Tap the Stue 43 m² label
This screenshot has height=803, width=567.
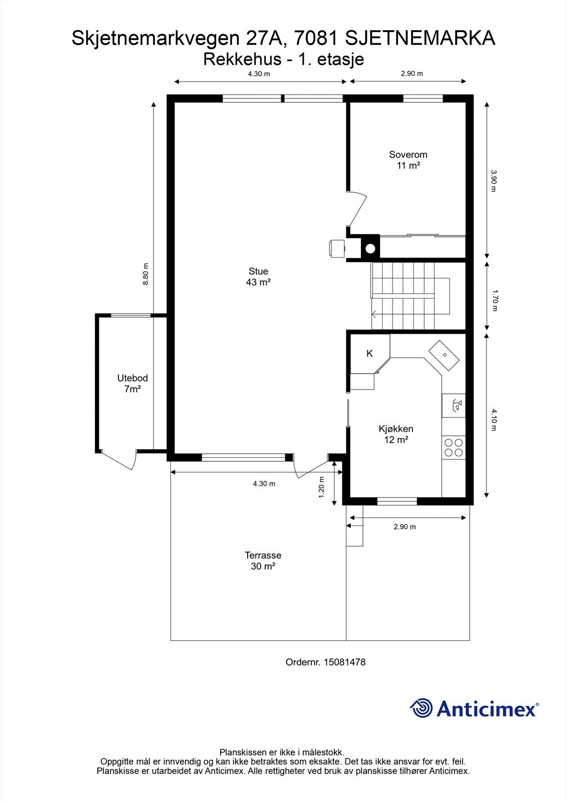point(258,277)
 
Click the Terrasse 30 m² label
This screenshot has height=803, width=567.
point(263,561)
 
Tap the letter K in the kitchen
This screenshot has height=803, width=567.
point(369,353)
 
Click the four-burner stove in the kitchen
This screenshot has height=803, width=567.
point(454,447)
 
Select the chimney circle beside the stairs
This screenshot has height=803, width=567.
point(370,248)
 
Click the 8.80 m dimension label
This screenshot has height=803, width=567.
point(146,274)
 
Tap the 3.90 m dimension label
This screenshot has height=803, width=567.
point(493,181)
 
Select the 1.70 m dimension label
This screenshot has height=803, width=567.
point(495,301)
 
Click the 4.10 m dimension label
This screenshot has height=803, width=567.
point(495,420)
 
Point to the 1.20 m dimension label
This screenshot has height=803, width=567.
point(321,487)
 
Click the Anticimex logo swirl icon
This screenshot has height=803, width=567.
point(421,708)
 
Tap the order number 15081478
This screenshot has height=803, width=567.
point(344,662)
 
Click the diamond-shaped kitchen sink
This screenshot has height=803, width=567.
point(444,355)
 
